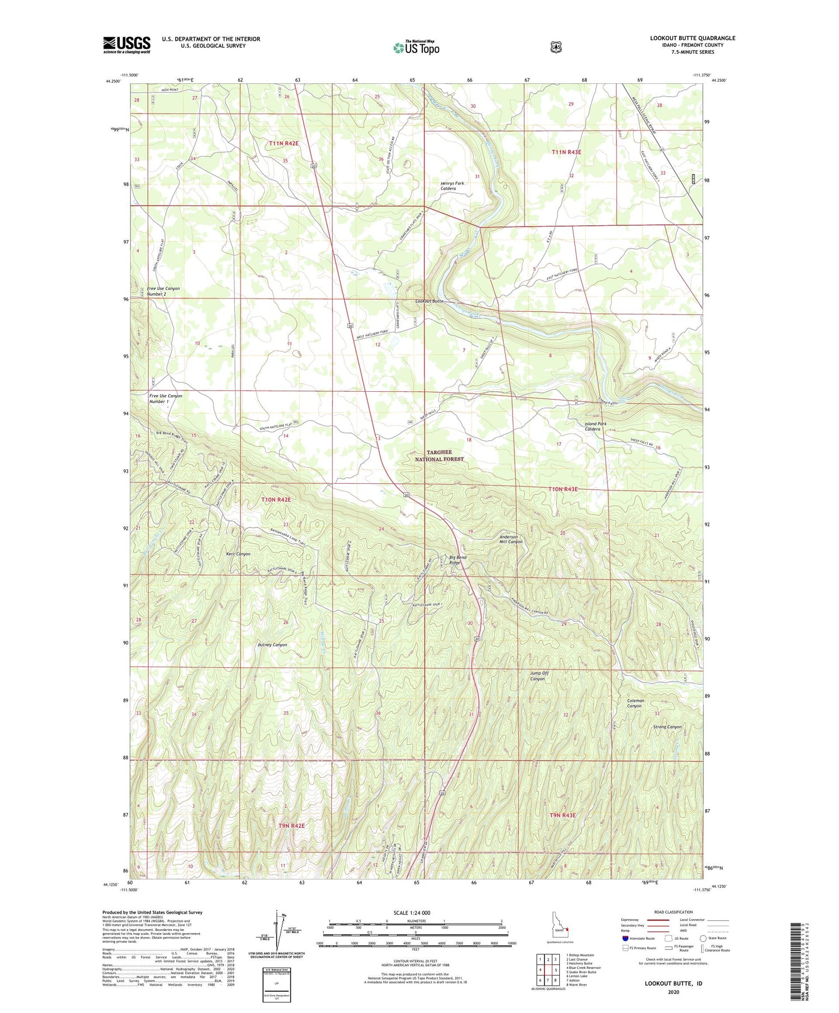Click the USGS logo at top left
coord(126,45)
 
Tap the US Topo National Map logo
coord(416,47)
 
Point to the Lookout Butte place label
coord(429,301)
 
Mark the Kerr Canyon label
coord(238,554)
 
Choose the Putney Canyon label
coord(272,645)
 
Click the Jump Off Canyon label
coord(539,676)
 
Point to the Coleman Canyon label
coord(635,703)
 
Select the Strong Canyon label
coord(667,727)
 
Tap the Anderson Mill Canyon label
coord(511,539)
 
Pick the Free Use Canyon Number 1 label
coord(166,398)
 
